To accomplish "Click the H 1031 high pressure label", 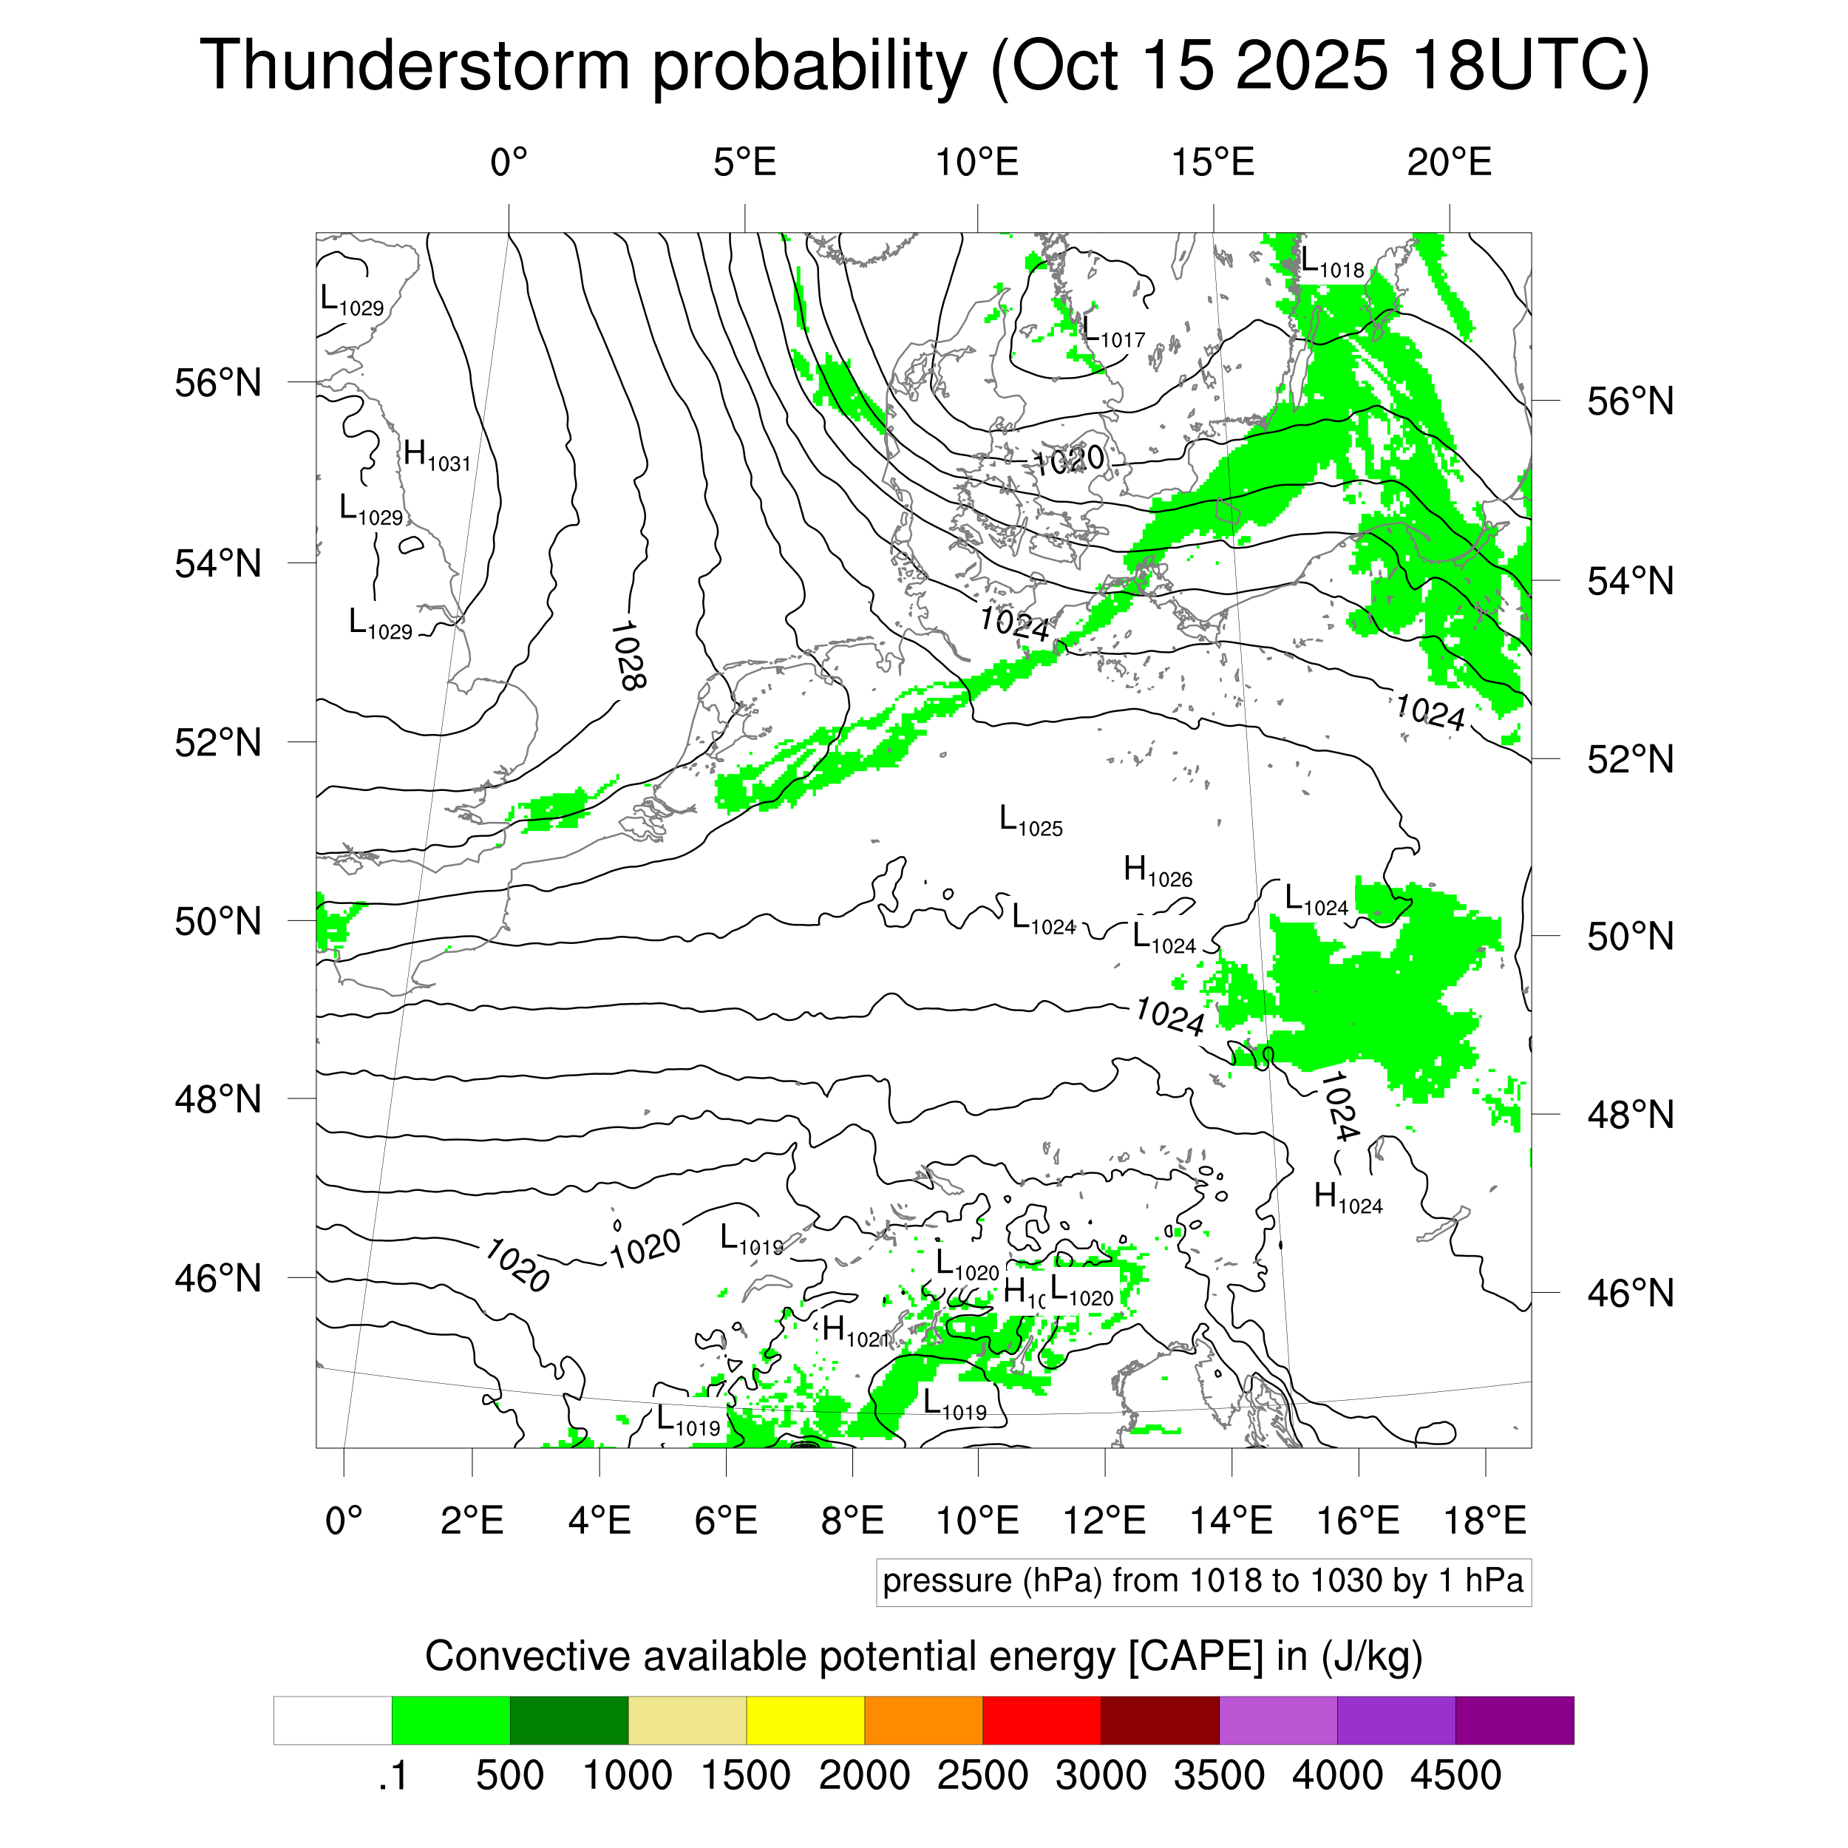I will tap(436, 455).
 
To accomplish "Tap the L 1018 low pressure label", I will tap(1331, 262).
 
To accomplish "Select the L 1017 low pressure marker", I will tap(1112, 332).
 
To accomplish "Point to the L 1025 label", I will tap(1030, 821).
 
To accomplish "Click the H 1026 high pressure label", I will tap(1158, 872).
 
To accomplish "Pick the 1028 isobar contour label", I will tap(628, 655).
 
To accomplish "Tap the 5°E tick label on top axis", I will tap(744, 163).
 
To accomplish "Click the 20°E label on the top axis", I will tap(1448, 163).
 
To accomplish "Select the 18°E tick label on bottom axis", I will tap(1484, 1520).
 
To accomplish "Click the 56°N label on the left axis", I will tap(218, 383).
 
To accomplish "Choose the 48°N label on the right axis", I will tap(1630, 1115).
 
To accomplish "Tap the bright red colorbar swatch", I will tap(1041, 1721).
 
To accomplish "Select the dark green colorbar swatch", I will tap(568, 1721).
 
